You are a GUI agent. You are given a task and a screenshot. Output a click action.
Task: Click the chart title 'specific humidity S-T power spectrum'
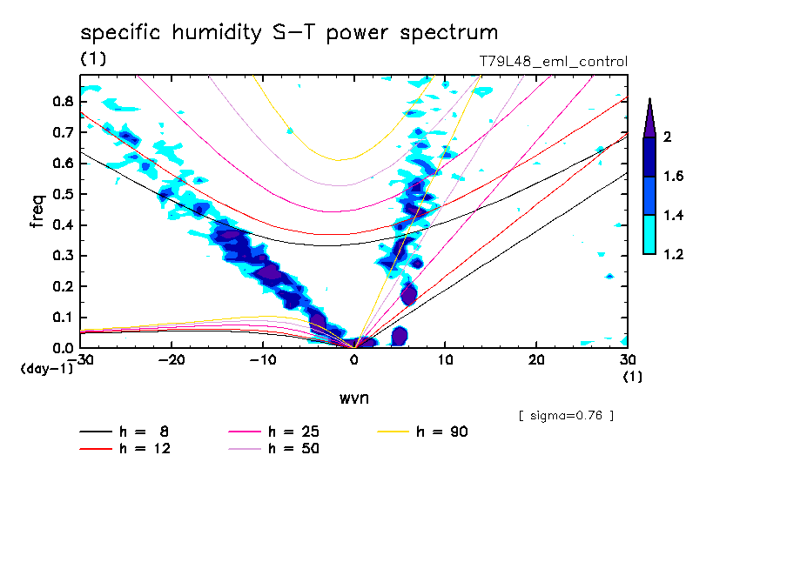[x=289, y=33]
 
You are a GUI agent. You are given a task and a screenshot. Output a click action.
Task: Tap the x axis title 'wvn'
[x=353, y=398]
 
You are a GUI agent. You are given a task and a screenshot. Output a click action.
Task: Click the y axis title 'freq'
[x=37, y=211]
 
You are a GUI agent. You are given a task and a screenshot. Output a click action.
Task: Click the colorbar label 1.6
[x=673, y=177]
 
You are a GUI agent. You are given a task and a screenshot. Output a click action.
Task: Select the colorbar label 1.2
[x=673, y=254]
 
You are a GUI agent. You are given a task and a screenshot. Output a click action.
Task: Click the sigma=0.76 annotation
[x=566, y=415]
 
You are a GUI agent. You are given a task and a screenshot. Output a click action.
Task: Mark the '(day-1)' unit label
[x=45, y=369]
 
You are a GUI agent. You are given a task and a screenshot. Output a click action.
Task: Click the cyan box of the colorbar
[x=649, y=235]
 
